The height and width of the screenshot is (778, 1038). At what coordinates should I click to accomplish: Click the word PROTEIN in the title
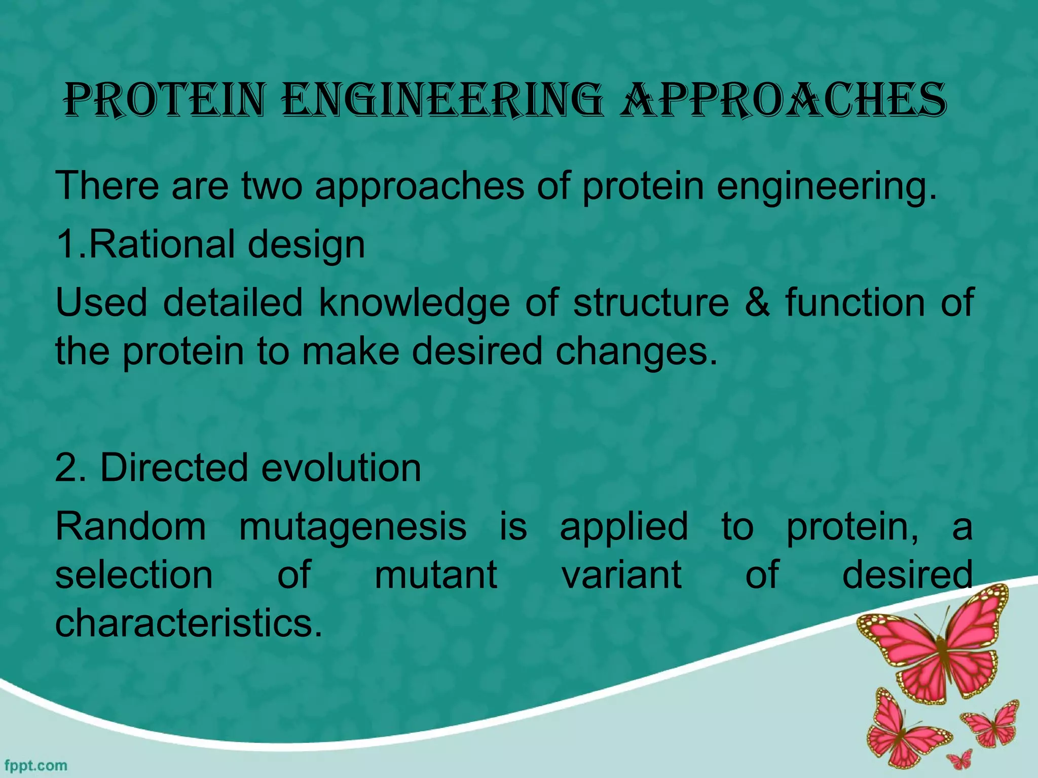pos(165,100)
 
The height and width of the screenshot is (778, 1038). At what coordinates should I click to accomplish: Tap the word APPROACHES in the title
pos(783,100)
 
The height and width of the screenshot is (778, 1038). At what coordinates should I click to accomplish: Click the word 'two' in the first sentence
pos(272,186)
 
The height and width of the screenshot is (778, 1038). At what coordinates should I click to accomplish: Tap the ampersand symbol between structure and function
pos(757,302)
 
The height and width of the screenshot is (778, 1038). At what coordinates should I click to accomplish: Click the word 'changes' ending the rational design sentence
pos(636,352)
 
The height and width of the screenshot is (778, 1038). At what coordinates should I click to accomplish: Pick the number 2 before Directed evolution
pos(66,468)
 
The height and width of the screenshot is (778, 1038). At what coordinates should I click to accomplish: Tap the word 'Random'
pos(131,526)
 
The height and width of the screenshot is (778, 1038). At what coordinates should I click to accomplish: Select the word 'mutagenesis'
pos(353,527)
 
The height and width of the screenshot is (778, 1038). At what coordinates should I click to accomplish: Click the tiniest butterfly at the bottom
pos(959,760)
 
